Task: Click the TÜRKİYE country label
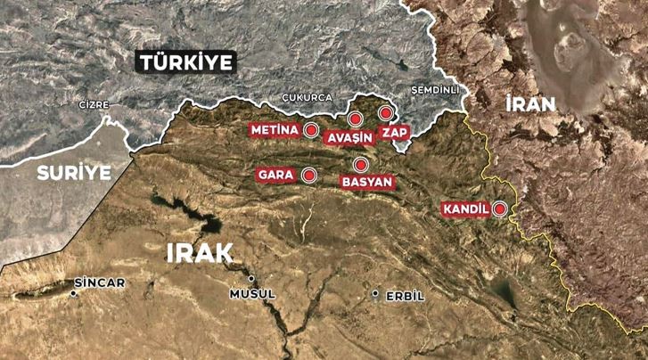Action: click(185, 62)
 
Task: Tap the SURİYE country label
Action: click(74, 172)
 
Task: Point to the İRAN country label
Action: click(529, 103)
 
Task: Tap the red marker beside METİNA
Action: click(310, 130)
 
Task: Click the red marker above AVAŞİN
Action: click(354, 119)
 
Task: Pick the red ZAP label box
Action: click(393, 132)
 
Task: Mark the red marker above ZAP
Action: click(385, 113)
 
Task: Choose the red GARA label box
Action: click(275, 175)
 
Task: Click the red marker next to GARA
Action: click(309, 175)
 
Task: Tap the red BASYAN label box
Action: click(365, 182)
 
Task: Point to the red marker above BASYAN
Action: click(360, 164)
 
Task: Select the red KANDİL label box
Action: click(464, 210)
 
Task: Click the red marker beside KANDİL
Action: click(500, 209)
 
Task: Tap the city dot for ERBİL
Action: click(376, 294)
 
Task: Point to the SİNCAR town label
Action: click(99, 282)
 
